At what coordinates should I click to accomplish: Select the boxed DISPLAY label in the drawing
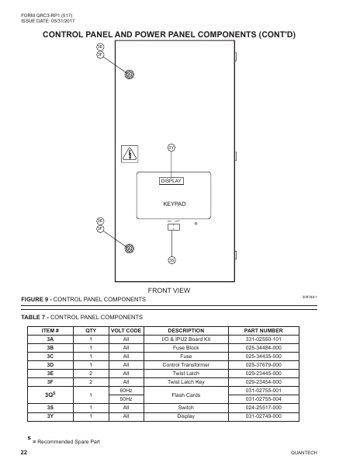[171, 181]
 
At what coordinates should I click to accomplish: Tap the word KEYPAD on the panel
[175, 203]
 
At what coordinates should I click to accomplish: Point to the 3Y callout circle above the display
[171, 148]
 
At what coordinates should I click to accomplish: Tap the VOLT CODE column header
[126, 330]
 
